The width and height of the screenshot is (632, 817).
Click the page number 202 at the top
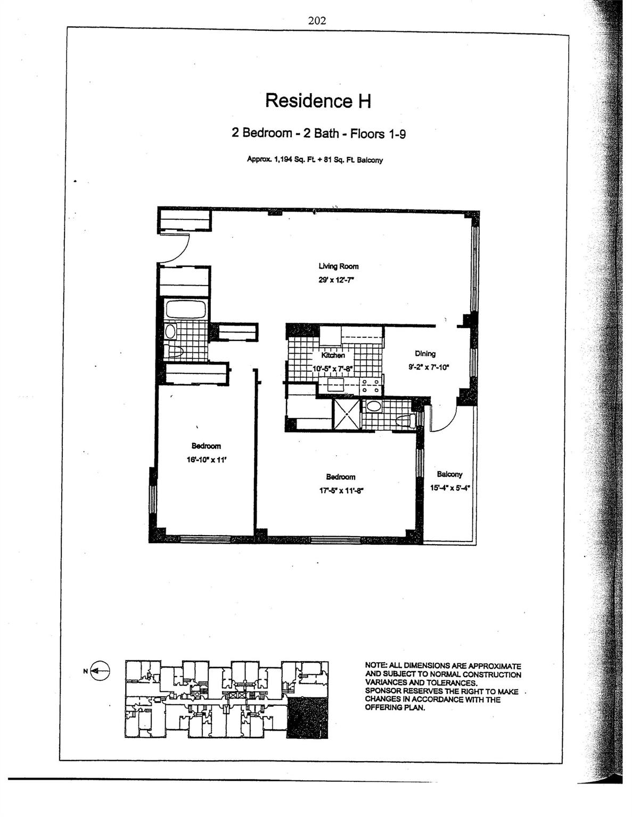(317, 20)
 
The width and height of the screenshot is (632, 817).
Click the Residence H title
(318, 101)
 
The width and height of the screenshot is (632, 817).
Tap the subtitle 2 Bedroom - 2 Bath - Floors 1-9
(318, 134)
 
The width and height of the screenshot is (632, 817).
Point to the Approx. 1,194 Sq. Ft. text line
(315, 160)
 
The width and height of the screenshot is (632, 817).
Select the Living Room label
(339, 266)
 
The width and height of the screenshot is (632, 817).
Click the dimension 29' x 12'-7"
(336, 280)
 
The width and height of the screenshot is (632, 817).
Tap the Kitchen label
(333, 355)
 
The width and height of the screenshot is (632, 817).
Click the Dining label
(425, 353)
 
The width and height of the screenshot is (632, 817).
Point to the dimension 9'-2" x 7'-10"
(429, 367)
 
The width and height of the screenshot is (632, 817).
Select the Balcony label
(449, 474)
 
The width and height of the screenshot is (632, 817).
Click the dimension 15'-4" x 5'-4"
(450, 488)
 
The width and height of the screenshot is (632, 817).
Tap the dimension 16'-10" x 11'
(206, 460)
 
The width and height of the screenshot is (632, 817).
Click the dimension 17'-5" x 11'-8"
(340, 490)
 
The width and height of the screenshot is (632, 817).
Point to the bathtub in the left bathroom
(186, 309)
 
